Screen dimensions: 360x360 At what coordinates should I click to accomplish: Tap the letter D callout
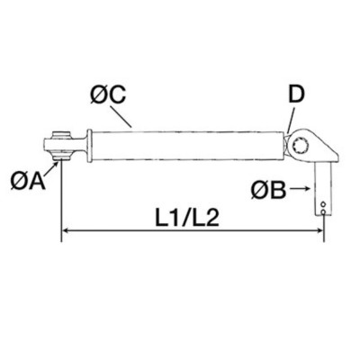(295, 94)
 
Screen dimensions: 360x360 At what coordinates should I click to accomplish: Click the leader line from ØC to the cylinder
(124, 116)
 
